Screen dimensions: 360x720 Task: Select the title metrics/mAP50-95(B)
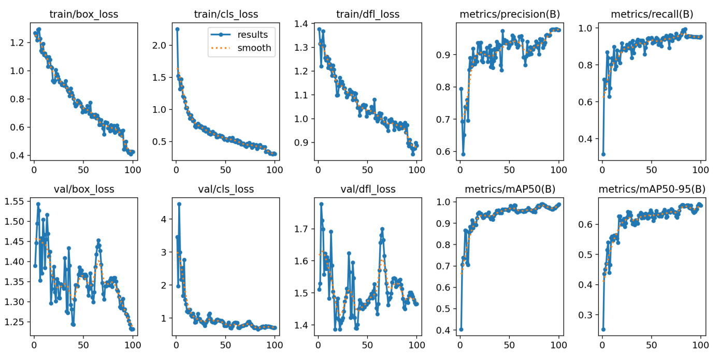652,189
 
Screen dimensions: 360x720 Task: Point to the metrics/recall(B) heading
652,14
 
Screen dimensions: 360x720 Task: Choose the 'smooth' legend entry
254,48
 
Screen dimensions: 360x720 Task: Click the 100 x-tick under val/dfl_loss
416,342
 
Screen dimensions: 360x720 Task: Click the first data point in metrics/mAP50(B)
461,329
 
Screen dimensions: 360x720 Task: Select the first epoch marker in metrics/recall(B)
603,154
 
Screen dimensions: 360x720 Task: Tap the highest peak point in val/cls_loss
179,204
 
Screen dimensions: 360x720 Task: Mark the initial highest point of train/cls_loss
177,30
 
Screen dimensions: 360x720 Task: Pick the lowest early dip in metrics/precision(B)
463,154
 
